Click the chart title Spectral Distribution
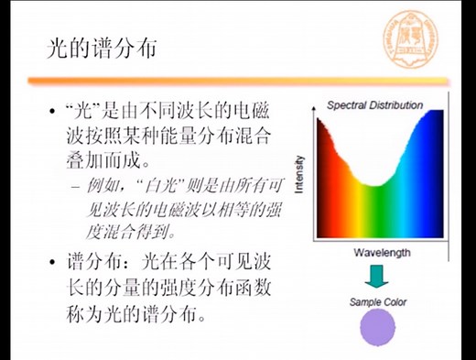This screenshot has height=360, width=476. point(374,105)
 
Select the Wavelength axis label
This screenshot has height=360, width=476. point(381,252)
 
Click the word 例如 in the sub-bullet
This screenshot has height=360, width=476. point(99,188)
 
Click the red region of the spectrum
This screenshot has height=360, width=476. point(325,183)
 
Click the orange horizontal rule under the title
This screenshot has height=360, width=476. point(238,81)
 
